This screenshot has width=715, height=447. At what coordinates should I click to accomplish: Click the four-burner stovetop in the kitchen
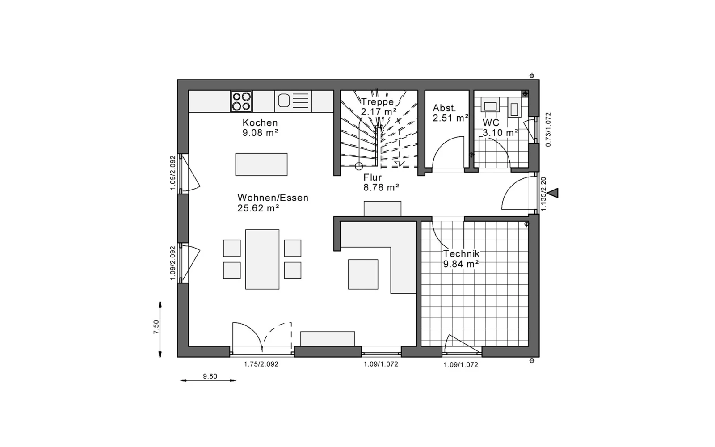241,101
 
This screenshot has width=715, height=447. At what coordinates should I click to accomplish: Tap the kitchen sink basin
284,101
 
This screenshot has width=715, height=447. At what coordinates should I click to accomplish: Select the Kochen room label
260,122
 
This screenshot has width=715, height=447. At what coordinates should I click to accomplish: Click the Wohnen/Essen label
273,198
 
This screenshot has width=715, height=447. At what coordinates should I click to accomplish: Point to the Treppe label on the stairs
377,102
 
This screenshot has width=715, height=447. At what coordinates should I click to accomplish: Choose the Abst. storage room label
444,108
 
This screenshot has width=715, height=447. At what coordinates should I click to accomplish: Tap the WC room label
491,122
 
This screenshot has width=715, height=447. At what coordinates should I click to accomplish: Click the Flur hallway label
373,177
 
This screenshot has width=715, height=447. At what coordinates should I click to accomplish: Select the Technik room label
461,254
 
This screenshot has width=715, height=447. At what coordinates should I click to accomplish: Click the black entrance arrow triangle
553,193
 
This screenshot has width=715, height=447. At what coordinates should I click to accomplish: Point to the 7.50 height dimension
156,327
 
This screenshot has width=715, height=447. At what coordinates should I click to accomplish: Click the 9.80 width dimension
210,376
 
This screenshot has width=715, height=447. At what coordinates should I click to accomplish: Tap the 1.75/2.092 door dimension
261,364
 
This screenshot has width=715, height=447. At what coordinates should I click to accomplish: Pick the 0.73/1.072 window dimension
548,129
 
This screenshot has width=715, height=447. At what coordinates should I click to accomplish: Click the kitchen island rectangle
261,164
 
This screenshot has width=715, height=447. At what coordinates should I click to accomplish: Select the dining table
262,259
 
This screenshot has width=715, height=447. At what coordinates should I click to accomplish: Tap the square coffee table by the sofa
363,274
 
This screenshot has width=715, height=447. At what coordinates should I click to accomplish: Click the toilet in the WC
514,108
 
